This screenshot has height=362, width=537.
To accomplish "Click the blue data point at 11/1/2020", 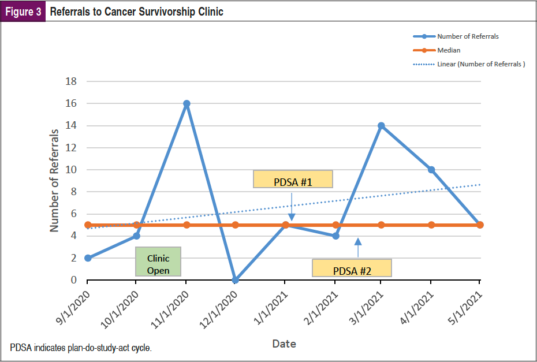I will pyautogui.click(x=187, y=104).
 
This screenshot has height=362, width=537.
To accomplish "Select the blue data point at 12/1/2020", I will pyautogui.click(x=235, y=280).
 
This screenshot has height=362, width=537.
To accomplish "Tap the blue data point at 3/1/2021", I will pyautogui.click(x=381, y=125).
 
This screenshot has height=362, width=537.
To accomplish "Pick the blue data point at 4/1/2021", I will pyautogui.click(x=431, y=170).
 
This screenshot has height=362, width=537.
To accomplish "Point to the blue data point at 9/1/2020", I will pyautogui.click(x=88, y=258).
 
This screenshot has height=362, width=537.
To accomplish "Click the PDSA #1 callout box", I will pyautogui.click(x=293, y=180).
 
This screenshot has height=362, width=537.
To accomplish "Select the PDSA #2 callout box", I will pyautogui.click(x=352, y=268).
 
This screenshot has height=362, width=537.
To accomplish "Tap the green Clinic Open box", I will pyautogui.click(x=158, y=262).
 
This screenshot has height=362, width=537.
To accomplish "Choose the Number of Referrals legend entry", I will pyautogui.click(x=468, y=36).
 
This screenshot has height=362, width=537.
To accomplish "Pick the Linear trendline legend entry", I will pyautogui.click(x=480, y=64).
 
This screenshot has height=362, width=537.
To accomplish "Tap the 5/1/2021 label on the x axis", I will pyautogui.click(x=465, y=305).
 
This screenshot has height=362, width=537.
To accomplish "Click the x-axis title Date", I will pyautogui.click(x=284, y=344).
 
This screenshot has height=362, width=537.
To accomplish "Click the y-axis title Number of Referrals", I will pyautogui.click(x=54, y=181).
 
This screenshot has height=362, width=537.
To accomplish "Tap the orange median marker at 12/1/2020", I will pyautogui.click(x=235, y=225).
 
